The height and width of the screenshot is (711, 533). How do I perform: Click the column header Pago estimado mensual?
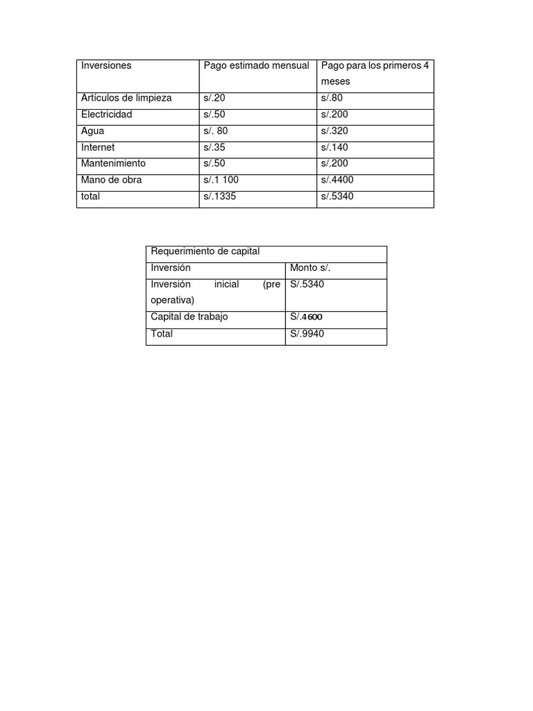coord(256,66)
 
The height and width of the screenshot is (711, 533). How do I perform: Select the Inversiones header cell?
coord(106,66)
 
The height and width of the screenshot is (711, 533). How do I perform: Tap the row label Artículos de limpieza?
coord(126,98)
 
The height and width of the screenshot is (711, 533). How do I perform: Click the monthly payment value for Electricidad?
coord(214,115)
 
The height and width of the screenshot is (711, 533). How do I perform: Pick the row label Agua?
coord(93,131)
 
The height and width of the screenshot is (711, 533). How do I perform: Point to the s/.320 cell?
coord(335,131)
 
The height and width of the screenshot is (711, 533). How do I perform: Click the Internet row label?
coord(98,147)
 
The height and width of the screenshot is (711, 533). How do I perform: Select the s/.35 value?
coord(214,147)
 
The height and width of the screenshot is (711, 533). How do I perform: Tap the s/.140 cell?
coord(335,147)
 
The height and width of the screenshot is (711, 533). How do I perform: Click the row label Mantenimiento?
coord(113,163)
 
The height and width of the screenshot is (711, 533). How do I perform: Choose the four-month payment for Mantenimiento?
coord(335,163)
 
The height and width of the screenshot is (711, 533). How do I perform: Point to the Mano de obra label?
coord(111,180)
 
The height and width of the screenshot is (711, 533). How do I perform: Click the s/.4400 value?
coord(337,180)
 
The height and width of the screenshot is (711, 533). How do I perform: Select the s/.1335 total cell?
coord(221,196)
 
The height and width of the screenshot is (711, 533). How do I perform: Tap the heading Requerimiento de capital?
coord(205,251)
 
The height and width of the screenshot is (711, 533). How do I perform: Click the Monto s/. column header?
coord(310,267)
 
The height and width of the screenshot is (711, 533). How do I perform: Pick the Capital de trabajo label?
coord(189,317)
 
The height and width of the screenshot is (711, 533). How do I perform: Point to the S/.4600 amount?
coord(306,317)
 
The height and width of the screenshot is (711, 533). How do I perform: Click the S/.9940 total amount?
coord(307,334)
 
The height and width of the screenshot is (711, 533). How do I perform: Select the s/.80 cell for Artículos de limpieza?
coord(332,98)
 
